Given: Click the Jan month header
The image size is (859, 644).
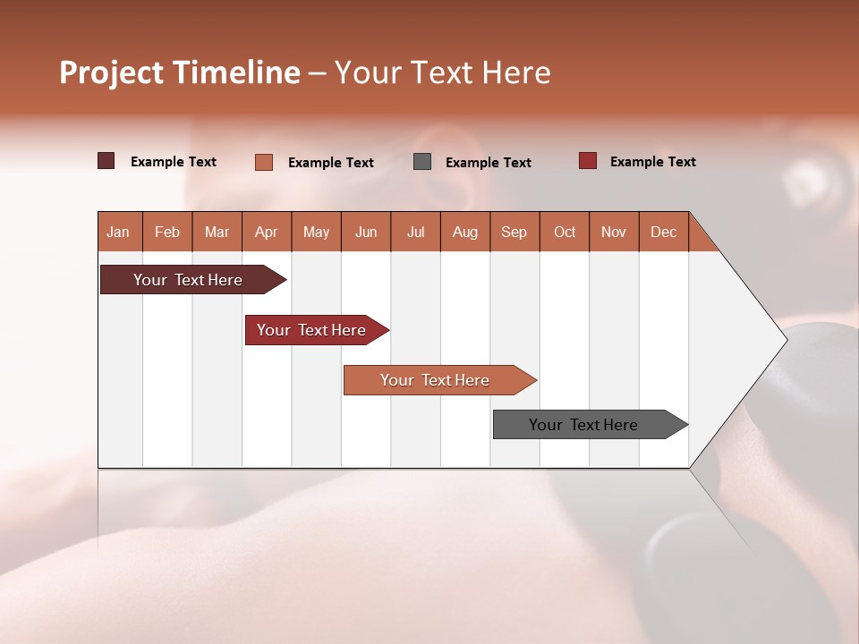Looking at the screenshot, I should click(x=119, y=232).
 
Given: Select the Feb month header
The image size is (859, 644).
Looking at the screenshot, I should click(x=167, y=232).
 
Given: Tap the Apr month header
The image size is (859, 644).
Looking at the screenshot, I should click(x=267, y=232).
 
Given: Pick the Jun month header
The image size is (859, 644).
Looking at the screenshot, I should click(x=366, y=232).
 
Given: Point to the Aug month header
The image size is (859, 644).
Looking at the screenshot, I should click(x=465, y=232).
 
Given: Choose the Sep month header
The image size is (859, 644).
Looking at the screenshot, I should click(x=515, y=232).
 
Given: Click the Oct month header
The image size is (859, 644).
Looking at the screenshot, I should click(x=565, y=232).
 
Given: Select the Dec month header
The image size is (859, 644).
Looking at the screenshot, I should click(x=664, y=232).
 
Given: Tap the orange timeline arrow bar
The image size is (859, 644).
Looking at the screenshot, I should click(x=437, y=380).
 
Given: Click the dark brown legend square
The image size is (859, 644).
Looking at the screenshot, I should click(x=106, y=161).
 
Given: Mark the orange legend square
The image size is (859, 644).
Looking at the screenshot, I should click(x=263, y=162).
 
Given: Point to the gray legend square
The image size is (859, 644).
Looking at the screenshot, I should click(x=422, y=162).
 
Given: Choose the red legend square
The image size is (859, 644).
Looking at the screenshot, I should click(x=587, y=161).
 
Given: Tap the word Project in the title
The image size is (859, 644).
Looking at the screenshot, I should click(x=112, y=72).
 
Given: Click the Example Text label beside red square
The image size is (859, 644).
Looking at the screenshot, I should click(x=652, y=162).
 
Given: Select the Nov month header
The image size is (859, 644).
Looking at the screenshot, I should click(x=614, y=232).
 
